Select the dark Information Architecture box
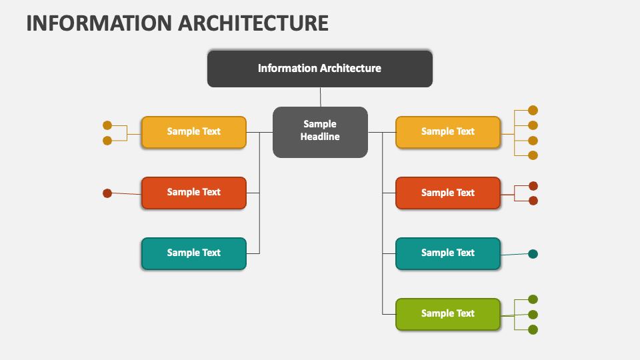(319, 68)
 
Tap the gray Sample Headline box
(320, 131)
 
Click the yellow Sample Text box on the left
(193, 131)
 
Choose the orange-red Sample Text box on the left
(193, 192)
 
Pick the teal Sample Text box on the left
(193, 253)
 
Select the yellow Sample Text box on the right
(447, 131)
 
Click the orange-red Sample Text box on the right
(447, 193)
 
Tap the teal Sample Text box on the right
(447, 253)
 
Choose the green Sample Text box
(447, 313)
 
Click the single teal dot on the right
(533, 253)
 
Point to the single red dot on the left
(107, 193)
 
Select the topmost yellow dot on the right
(533, 111)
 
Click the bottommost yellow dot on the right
(533, 155)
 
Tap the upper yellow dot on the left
(107, 125)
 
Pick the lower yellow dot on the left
(107, 140)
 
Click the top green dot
(533, 299)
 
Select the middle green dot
(533, 314)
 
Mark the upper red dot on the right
(533, 186)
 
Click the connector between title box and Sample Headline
(320, 97)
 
